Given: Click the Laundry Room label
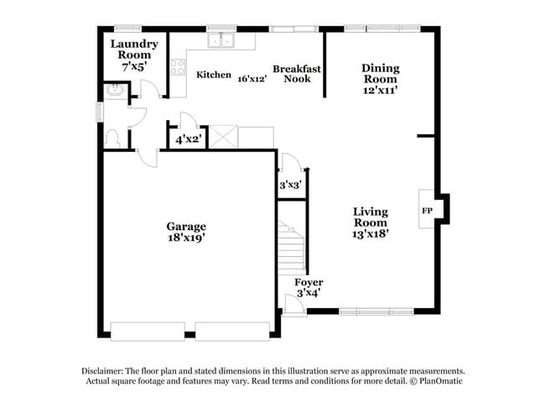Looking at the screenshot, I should pos(132,50).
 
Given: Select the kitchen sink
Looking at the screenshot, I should pos(222,40).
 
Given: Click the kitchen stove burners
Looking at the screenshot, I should pos(178,68).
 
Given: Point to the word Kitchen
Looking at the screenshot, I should pos(213,76).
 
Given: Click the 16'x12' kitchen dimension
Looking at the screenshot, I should pos(252,78).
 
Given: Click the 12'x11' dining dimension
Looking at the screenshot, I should pos(380,89).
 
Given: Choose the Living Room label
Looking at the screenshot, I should pos(370,217).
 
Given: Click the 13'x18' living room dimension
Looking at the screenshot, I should pos(370,235).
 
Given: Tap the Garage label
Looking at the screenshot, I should pos(186,227).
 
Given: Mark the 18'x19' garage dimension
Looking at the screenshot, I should pos(186,238).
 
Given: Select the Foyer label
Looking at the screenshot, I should pos(309,283).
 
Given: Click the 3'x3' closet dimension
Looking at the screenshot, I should pos(290,184).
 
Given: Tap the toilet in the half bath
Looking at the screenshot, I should pos(113,138).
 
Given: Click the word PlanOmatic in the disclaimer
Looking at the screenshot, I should pos(439,381).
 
